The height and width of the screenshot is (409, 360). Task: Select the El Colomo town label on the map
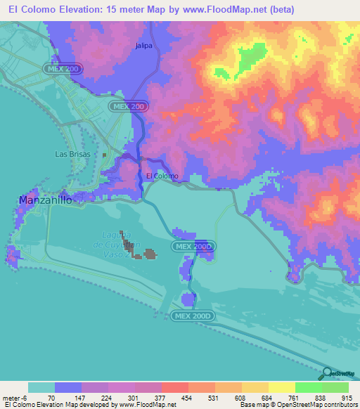[162, 176]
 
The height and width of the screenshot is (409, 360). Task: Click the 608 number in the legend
[241, 398]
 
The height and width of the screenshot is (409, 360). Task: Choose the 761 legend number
[295, 398]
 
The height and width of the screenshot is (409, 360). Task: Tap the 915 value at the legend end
[347, 398]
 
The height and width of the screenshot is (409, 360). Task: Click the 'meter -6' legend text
[15, 398]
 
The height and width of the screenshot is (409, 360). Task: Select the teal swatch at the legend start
[41, 387]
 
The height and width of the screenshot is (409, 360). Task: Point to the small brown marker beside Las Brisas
[104, 155]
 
